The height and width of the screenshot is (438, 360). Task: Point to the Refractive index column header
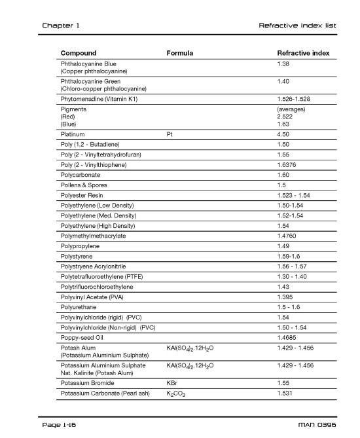[303, 53]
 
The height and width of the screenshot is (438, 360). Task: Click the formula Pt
[170, 134]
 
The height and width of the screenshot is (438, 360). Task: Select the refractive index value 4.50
[283, 134]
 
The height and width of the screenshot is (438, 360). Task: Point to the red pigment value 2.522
[285, 116]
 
